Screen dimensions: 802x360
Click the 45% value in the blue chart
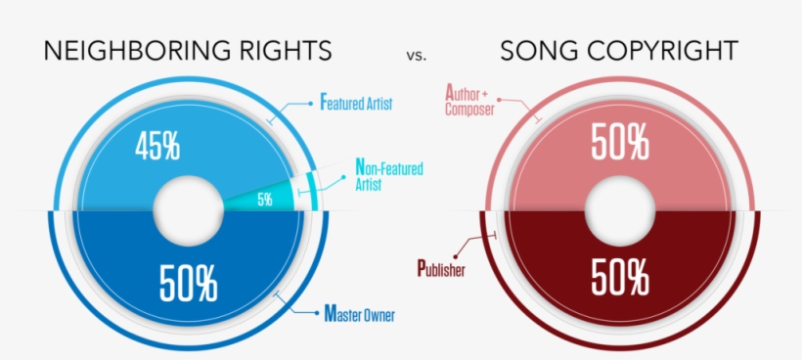coord(157,147)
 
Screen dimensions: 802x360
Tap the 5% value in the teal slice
coord(265,200)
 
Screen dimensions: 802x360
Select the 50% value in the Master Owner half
coord(188,283)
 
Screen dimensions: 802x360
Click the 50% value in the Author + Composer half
coord(620,142)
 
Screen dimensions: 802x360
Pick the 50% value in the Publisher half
coord(620,279)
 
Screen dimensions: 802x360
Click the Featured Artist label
coord(356,103)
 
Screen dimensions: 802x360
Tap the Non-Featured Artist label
coord(388,175)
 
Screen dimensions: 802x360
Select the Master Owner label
coord(360,314)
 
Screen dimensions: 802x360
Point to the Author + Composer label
coord(469,101)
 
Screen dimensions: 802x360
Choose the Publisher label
coord(441,269)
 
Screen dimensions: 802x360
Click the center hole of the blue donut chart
coord(189,210)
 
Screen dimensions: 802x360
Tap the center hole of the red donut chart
coord(620,210)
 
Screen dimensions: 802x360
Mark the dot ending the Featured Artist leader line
coord(310,104)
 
